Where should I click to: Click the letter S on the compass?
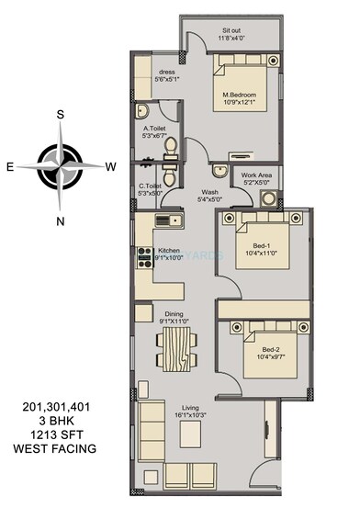point(60,115)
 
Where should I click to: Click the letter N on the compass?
point(61,220)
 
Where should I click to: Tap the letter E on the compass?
point(10,167)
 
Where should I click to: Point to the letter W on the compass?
point(111,167)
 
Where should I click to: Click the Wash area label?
point(210,193)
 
